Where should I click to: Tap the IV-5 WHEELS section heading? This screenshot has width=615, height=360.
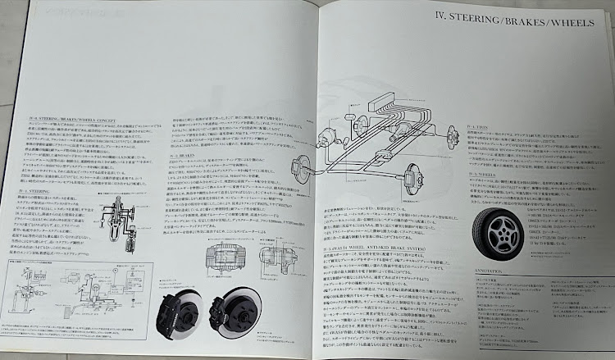point(484,175)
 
